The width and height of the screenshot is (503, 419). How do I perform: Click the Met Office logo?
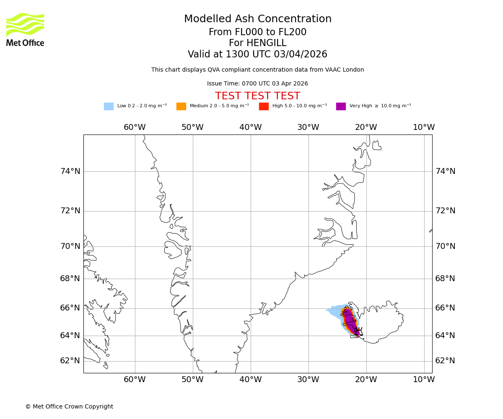(25, 29)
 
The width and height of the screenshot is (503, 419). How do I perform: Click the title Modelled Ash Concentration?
(257, 19)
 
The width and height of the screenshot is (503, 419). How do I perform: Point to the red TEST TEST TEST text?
(257, 96)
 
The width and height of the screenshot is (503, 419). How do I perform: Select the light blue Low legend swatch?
(109, 106)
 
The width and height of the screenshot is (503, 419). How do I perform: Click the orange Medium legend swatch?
(181, 106)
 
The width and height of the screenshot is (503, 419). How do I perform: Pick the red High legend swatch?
(264, 106)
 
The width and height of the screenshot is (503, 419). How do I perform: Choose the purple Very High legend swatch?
(341, 106)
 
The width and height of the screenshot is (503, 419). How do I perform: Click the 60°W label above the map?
(135, 127)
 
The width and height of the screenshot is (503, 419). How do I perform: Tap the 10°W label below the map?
(424, 380)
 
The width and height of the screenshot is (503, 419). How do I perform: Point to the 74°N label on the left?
(70, 171)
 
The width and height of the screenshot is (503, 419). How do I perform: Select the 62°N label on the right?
(445, 361)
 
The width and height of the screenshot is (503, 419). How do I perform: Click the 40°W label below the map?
(251, 380)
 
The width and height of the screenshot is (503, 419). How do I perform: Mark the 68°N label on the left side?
(70, 279)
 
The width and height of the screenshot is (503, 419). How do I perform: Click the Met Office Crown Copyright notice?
(69, 406)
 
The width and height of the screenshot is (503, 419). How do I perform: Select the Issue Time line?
(257, 83)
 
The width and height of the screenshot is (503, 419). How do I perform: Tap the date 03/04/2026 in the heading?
(301, 54)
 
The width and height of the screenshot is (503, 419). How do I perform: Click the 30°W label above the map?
(308, 127)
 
